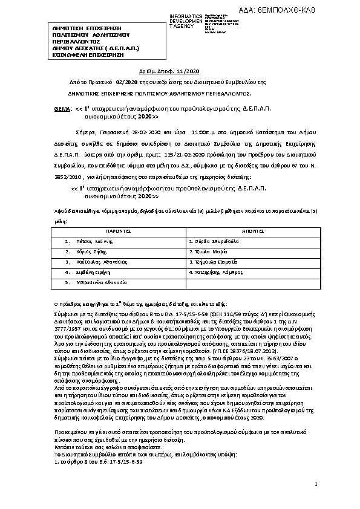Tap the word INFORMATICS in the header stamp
click(186, 16)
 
